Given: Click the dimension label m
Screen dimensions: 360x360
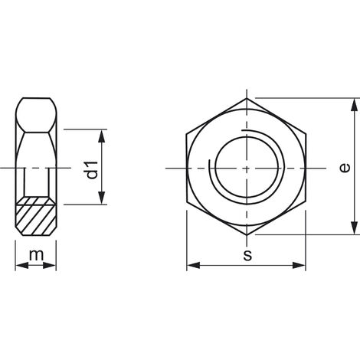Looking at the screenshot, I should pos(35,254).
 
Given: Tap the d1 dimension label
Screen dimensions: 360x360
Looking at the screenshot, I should pos(91,169).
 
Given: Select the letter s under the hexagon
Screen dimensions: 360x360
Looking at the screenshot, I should pos(247,255).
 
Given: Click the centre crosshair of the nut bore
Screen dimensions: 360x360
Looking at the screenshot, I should pos(246,167).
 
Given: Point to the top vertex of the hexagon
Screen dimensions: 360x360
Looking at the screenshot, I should pos(246,97).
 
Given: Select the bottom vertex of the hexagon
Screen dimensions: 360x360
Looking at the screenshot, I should pos(246,237).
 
